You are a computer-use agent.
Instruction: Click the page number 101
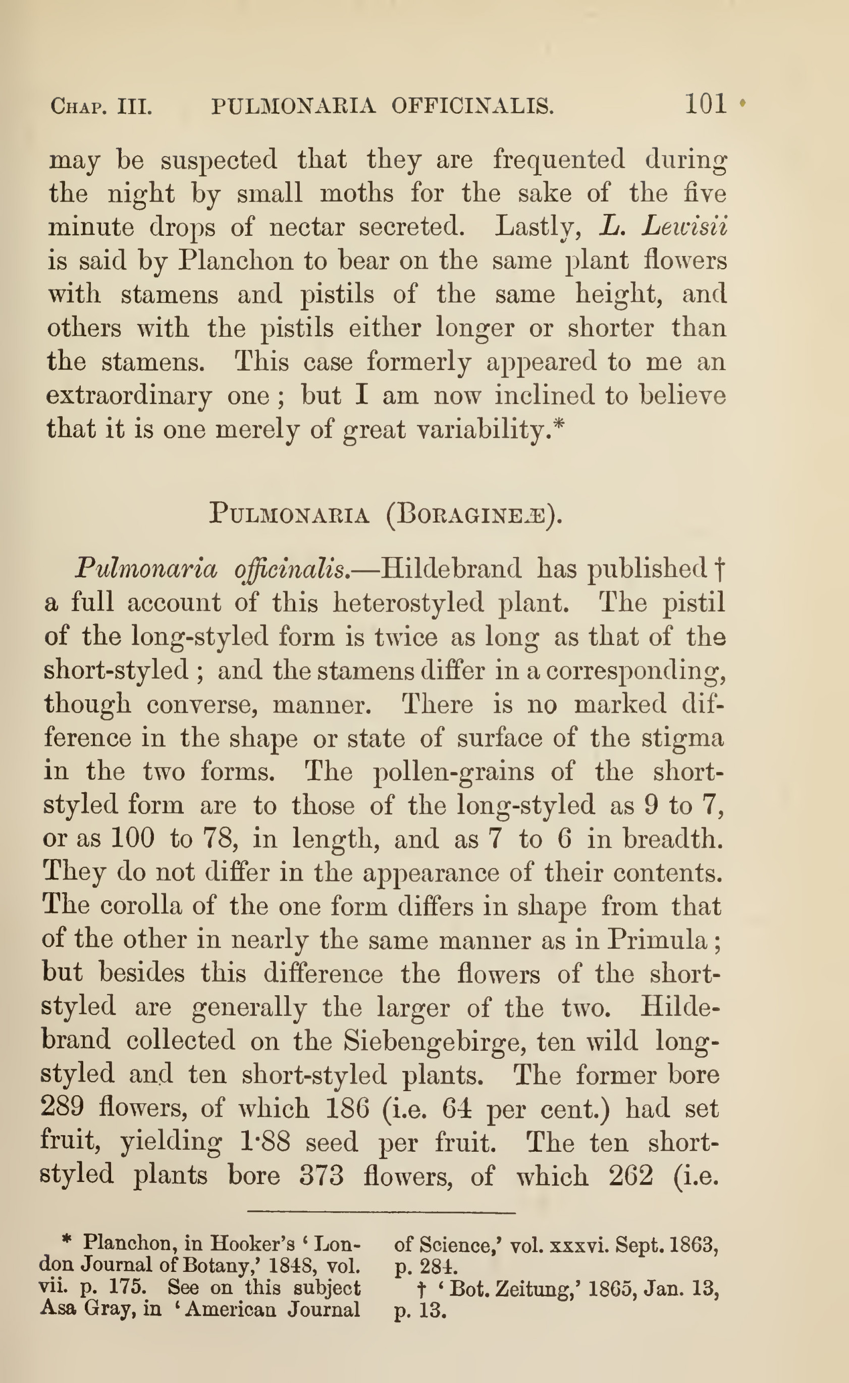tap(705, 104)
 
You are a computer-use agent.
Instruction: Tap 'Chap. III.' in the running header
tap(101, 106)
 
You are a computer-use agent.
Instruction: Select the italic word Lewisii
tap(685, 226)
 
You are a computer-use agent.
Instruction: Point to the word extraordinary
tap(129, 396)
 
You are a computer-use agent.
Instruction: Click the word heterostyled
tap(408, 603)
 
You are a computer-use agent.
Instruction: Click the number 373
tap(321, 1175)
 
